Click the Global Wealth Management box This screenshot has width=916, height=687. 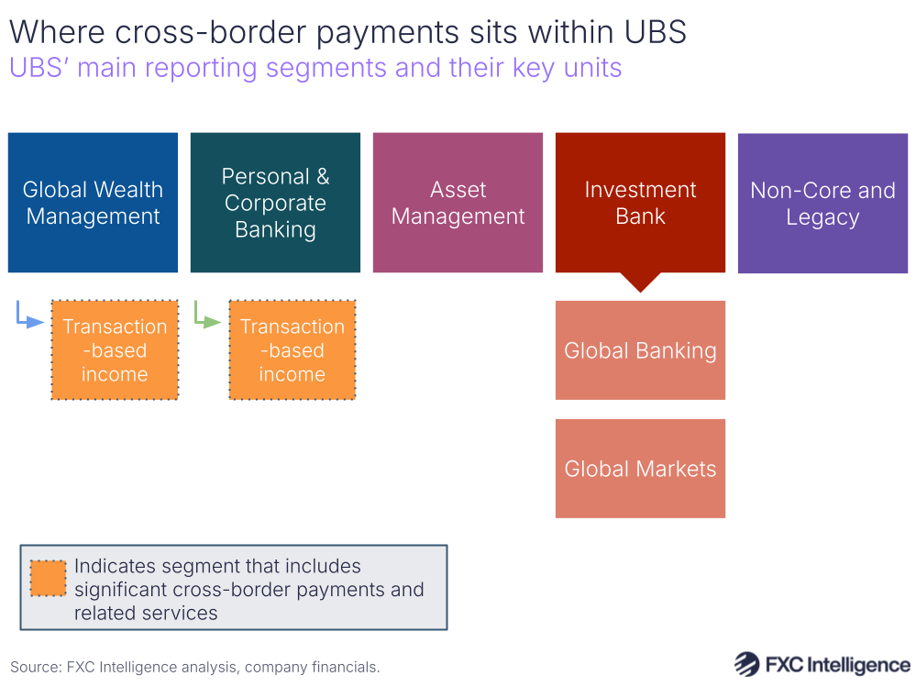(x=93, y=203)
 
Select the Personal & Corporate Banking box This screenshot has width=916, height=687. (x=275, y=203)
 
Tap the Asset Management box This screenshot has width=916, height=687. (x=458, y=203)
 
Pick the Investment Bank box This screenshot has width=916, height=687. (x=640, y=203)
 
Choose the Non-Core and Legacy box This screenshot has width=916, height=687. (x=822, y=203)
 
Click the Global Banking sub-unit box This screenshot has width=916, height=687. (x=640, y=350)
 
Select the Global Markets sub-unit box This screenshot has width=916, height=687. (x=640, y=469)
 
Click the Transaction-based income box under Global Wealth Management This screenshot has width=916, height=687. (x=115, y=350)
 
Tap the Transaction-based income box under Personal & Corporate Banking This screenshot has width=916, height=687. (x=292, y=350)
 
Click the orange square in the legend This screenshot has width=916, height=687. (x=48, y=578)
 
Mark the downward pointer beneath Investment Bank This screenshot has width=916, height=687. (x=640, y=282)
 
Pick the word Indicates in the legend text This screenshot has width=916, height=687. (x=116, y=567)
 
